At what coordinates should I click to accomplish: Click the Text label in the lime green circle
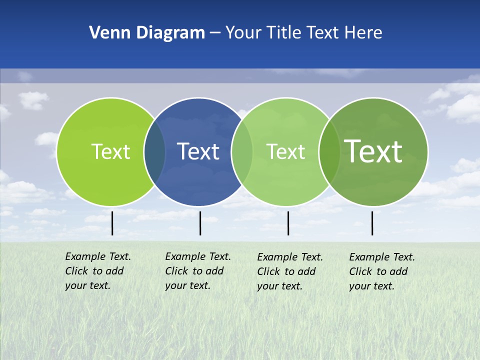tap(110, 151)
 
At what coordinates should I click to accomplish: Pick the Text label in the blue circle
tap(198, 151)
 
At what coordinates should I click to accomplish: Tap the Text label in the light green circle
tap(285, 151)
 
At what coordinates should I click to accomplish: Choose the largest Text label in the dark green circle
tap(373, 151)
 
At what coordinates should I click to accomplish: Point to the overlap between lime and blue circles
tap(154, 152)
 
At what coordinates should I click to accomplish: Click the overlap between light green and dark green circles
tap(329, 152)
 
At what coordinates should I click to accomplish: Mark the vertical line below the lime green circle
tap(112, 223)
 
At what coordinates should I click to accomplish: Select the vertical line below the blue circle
tap(200, 223)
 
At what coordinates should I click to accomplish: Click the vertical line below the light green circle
tap(288, 223)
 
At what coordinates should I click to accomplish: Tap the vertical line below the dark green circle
tap(372, 223)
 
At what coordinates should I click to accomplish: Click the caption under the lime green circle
tap(97, 271)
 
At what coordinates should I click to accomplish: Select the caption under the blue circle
tap(197, 271)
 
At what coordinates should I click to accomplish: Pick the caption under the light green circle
tap(289, 271)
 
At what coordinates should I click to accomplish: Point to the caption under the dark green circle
tap(381, 271)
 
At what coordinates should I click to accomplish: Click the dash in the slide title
tap(215, 33)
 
